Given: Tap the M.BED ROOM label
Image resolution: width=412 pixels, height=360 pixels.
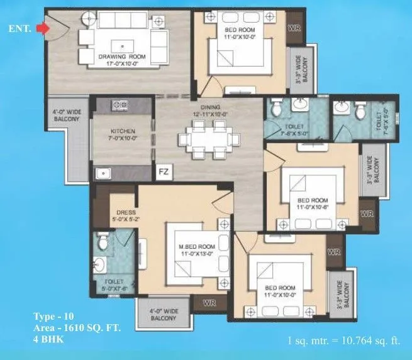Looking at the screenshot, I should coord(198,247).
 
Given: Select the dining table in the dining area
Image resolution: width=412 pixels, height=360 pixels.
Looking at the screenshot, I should coord(208,138).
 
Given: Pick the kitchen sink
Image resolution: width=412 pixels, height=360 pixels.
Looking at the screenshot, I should coord(102,172).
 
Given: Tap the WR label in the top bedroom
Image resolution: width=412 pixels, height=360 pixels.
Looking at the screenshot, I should coord(293,28).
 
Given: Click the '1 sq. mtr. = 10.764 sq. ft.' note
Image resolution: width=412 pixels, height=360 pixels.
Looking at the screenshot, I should coord(342,341).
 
